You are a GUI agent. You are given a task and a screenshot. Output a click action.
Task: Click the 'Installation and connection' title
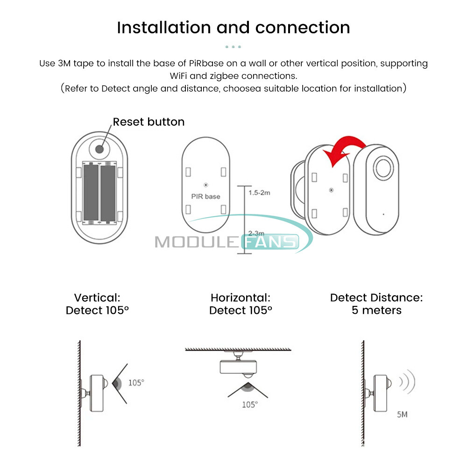point(233,28)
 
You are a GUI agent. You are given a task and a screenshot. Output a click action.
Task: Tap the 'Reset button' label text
point(149,122)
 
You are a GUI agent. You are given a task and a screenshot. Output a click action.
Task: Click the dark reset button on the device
point(100,149)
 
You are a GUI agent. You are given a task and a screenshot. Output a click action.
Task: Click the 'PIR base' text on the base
point(205,197)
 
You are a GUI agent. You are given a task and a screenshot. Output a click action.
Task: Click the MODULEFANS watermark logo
point(226,242)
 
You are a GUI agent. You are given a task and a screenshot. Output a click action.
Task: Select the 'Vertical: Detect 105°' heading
point(97,304)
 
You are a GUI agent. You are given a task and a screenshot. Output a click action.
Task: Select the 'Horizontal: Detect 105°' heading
point(241,304)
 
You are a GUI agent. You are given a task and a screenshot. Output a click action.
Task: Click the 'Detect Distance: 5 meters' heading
point(376,304)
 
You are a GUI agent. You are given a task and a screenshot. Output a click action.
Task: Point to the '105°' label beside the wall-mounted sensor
point(136,382)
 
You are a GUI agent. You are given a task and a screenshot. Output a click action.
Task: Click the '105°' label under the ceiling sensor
point(249,404)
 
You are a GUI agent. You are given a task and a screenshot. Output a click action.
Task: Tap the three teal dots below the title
point(233,47)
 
